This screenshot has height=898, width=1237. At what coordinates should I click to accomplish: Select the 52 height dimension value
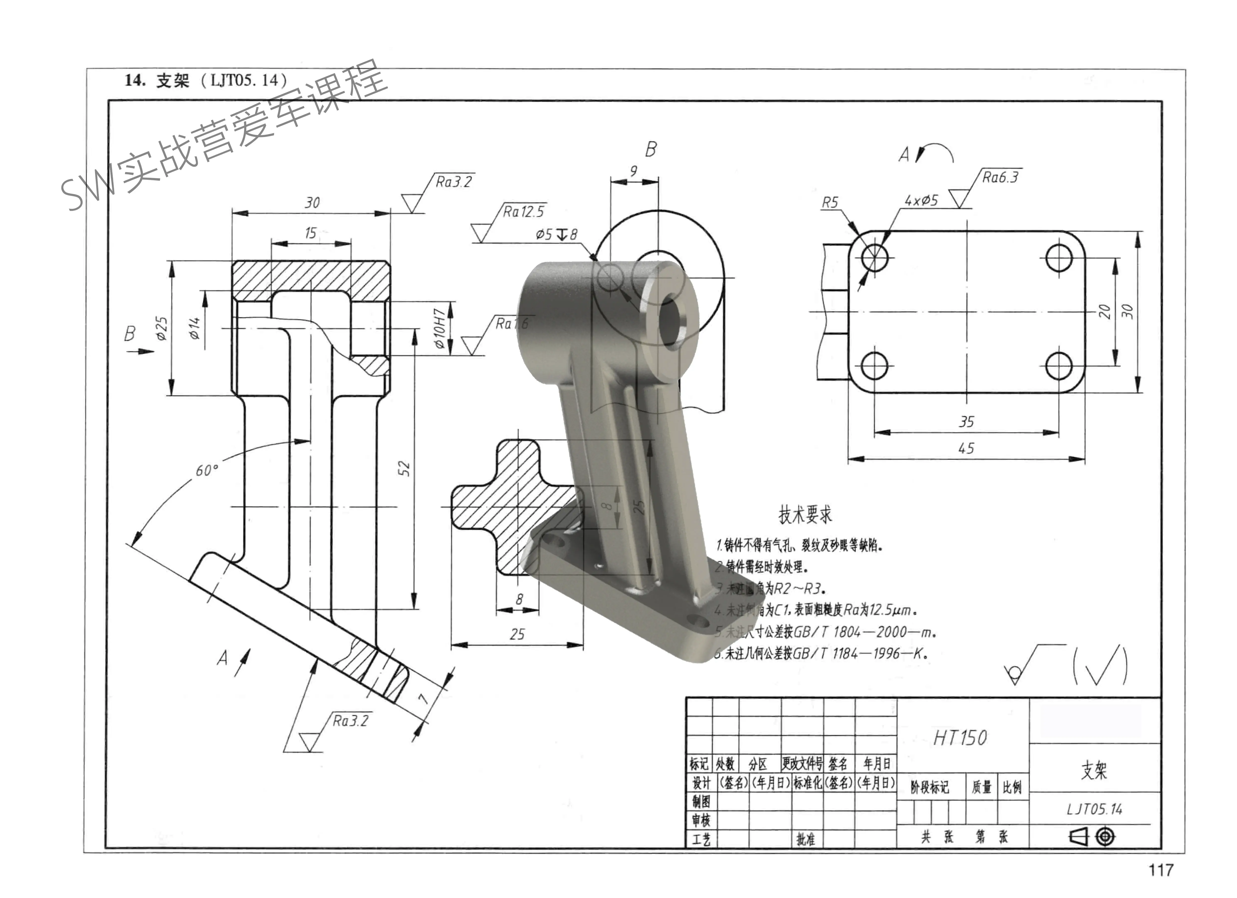404,468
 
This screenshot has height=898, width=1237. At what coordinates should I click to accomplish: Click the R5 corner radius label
830,203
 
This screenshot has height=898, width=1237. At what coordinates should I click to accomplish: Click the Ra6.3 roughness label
1000,177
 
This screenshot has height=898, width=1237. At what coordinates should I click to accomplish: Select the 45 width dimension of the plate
966,449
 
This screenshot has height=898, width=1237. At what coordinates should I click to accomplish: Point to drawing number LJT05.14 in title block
1094,809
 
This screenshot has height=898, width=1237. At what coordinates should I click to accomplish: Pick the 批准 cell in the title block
805,839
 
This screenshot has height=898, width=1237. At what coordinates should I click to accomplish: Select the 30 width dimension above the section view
312,203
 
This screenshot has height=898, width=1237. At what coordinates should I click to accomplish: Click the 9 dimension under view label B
633,171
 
